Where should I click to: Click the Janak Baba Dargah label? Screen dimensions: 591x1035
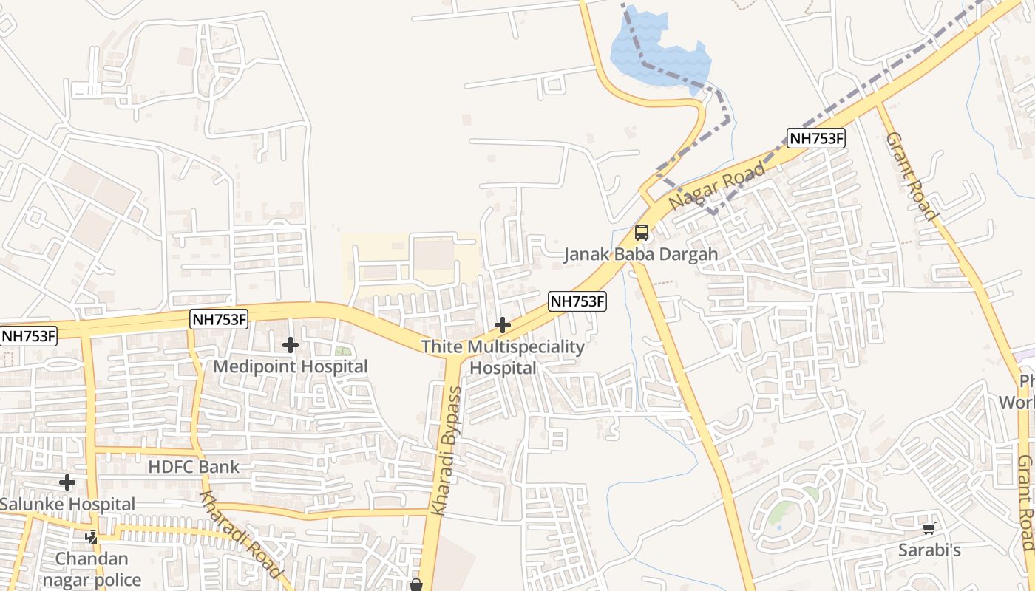[x=640, y=255]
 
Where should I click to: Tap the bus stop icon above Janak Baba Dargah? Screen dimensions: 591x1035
[x=642, y=233]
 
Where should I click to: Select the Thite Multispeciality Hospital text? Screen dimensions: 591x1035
[x=503, y=357]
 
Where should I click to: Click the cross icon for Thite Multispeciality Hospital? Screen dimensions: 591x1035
[x=503, y=325]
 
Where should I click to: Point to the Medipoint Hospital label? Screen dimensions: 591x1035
[x=290, y=366]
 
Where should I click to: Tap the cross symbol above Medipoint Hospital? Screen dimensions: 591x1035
[x=291, y=345]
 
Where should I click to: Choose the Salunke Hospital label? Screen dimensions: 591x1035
[x=67, y=505]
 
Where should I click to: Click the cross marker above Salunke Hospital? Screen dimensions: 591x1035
[x=67, y=483]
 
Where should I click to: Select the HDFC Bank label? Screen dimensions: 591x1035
[x=194, y=467]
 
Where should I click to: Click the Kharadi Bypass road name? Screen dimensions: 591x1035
[x=447, y=451]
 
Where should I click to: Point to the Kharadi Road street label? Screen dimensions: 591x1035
[x=241, y=534]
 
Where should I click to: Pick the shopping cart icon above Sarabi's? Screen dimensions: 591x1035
[x=929, y=529]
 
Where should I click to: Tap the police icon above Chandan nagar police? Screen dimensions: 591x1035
[x=92, y=537]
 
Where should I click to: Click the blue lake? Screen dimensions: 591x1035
[x=658, y=52]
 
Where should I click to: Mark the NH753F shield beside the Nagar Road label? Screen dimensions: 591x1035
[x=815, y=138]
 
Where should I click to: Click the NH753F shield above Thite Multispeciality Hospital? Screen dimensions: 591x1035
[x=577, y=301]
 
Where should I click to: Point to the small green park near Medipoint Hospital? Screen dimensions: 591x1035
[x=342, y=352]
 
